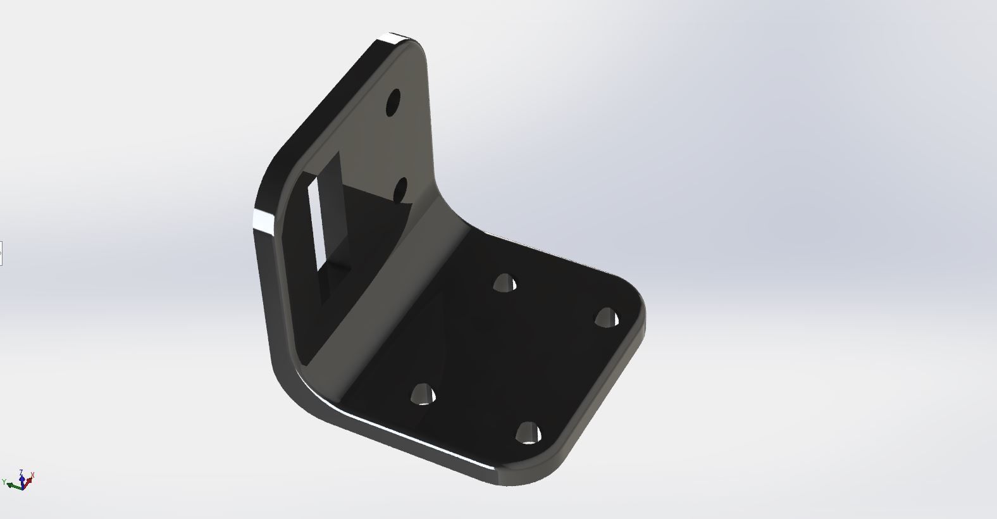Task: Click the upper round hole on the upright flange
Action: (x=393, y=102)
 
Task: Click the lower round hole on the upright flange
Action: (x=400, y=190)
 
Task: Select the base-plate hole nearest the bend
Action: (x=504, y=283)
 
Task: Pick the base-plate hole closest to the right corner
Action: (x=607, y=317)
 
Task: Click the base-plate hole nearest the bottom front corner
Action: (x=528, y=434)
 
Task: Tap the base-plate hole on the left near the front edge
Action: (x=423, y=395)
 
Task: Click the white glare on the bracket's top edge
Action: (x=397, y=39)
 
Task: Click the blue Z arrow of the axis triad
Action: (x=22, y=479)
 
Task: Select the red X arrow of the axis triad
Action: (x=28, y=481)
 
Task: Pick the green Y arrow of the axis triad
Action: (x=14, y=485)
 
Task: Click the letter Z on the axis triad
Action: (x=22, y=472)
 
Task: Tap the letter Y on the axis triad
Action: (x=4, y=482)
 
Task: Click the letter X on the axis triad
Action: (x=32, y=475)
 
